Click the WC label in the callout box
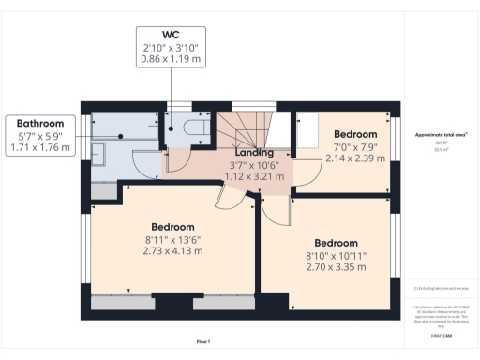170,34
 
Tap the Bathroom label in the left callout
40,124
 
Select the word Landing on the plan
254,152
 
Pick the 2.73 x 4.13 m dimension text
172,252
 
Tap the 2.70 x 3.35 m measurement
336,268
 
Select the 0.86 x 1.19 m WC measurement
170,58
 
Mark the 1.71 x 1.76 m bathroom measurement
40,147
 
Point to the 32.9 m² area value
442,149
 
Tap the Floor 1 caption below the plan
203,341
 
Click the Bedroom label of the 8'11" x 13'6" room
172,227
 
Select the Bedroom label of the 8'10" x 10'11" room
336,243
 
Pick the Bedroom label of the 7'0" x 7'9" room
355,134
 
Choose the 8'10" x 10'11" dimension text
336,256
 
